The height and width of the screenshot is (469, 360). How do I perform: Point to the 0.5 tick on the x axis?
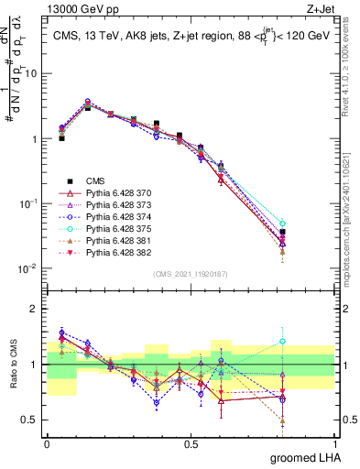[191, 443]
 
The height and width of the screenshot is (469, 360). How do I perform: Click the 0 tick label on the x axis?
[47, 443]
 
